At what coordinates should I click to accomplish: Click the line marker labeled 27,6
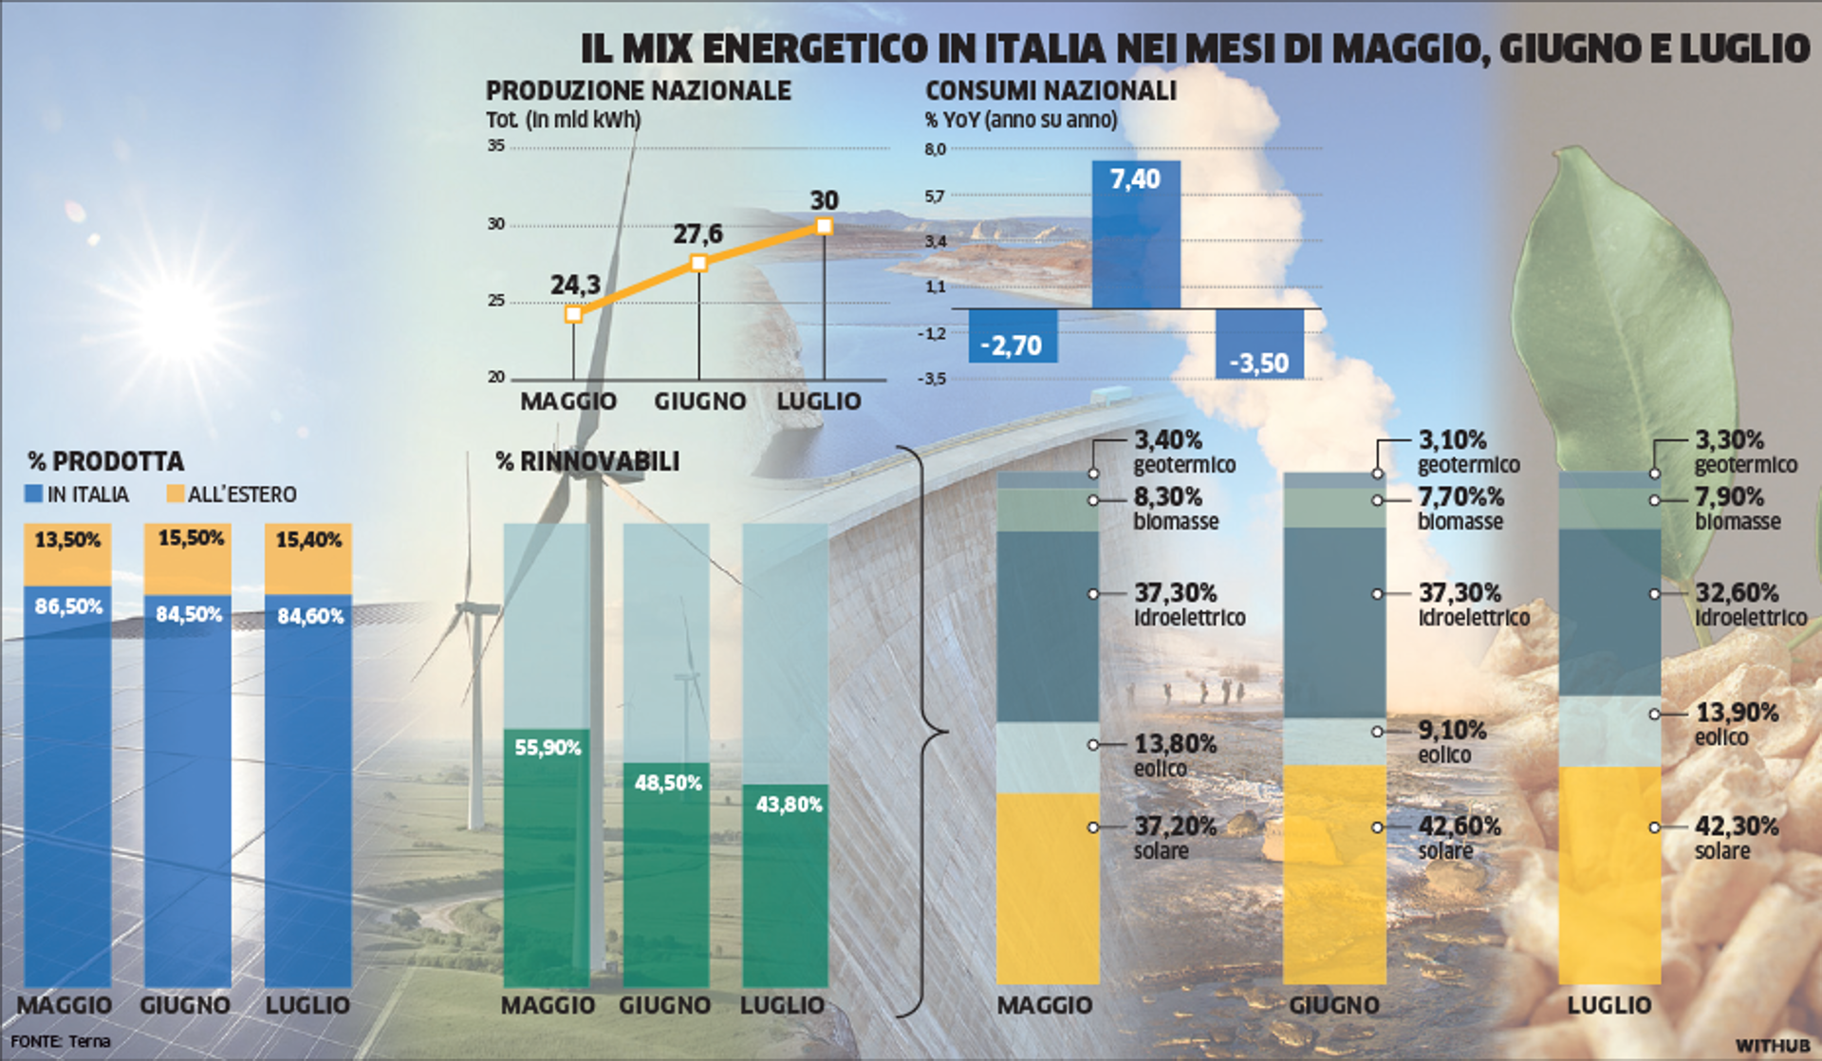(698, 263)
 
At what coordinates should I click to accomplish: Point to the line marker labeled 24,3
(573, 314)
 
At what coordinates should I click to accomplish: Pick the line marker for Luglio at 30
(824, 226)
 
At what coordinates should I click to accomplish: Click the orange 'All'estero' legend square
(175, 494)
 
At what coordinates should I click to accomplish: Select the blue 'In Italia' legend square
(34, 494)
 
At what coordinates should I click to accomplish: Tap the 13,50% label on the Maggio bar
(67, 540)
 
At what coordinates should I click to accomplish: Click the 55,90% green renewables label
(548, 748)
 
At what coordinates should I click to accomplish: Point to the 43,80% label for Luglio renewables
(789, 805)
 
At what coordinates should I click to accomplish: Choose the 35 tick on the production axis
(496, 145)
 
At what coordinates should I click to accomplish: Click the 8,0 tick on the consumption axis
(935, 149)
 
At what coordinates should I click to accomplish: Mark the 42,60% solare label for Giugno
(1459, 827)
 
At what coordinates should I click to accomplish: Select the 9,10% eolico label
(1452, 731)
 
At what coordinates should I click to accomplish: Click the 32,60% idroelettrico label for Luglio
(1737, 593)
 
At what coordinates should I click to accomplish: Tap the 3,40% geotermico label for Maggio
(1168, 440)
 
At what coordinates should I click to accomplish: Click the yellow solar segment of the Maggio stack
(1048, 887)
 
